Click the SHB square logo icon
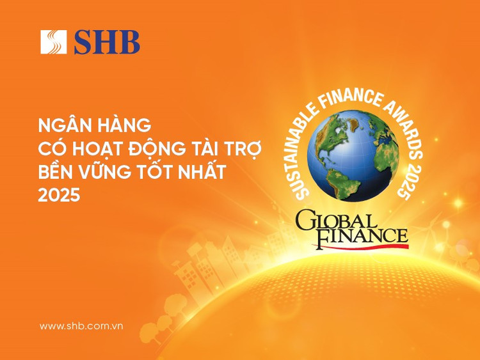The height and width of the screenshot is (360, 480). pos(54,42)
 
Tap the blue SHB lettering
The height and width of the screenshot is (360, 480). pos(106,42)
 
